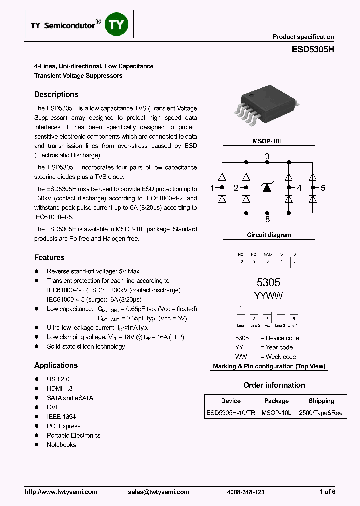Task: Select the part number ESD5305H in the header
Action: [x=313, y=49]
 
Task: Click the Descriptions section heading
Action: [x=56, y=94]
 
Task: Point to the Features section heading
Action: [x=49, y=257]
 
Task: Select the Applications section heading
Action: [x=56, y=365]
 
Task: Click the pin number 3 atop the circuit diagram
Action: [x=267, y=156]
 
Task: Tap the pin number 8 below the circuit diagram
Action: [x=267, y=219]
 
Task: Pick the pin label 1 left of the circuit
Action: [x=212, y=188]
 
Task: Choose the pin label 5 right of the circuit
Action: [x=323, y=188]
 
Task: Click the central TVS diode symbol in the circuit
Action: [x=267, y=188]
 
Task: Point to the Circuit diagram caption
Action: [x=269, y=235]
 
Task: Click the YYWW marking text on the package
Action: [x=269, y=295]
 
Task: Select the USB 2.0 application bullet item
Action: [x=58, y=379]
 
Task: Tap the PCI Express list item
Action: [x=64, y=426]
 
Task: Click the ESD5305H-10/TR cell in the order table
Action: [x=230, y=413]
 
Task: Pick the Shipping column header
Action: [x=321, y=401]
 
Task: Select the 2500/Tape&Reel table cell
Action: [x=321, y=413]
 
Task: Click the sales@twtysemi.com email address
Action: [x=159, y=492]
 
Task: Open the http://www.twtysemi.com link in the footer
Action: [x=61, y=492]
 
